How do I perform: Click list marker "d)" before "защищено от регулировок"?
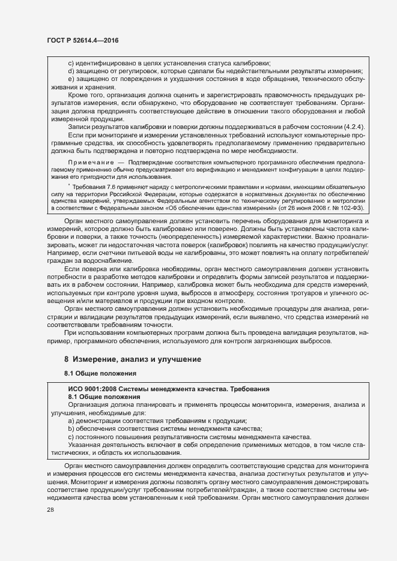click(x=71, y=71)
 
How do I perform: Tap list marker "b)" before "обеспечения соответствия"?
click(x=71, y=428)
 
